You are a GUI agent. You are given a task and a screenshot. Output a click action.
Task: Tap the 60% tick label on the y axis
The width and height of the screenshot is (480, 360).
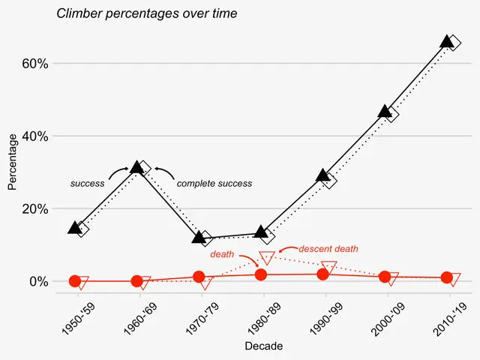[x=34, y=64]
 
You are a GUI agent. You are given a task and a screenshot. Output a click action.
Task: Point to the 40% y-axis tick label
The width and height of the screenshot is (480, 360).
[x=34, y=136]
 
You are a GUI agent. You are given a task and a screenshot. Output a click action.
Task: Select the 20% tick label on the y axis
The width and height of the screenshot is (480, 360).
[x=34, y=208]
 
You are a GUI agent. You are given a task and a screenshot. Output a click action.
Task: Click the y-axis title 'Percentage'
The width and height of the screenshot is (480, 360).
[x=12, y=162]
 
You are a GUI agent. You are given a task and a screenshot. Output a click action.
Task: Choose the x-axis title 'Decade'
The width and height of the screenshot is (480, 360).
[x=264, y=346]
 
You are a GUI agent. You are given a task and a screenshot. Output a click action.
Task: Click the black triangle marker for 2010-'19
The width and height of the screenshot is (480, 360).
[x=447, y=41]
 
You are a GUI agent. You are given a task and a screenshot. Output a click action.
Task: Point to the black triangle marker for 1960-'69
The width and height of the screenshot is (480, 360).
[x=136, y=167]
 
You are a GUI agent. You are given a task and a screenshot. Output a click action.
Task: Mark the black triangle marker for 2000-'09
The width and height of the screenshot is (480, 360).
[x=385, y=112]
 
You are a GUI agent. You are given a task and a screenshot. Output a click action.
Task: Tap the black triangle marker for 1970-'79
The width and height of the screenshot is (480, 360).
[x=199, y=238]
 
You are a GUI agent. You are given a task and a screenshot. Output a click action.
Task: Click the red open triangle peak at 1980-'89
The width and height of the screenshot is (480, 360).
[x=267, y=257]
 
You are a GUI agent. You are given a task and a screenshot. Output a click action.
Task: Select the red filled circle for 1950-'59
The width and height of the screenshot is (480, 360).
[x=75, y=281]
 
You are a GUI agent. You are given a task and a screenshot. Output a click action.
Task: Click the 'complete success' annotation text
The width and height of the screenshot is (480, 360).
[x=214, y=183]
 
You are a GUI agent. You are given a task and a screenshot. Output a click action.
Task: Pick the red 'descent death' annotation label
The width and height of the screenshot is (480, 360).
[x=328, y=248]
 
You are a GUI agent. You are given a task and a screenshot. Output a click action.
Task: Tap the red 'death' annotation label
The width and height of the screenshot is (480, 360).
[x=222, y=255]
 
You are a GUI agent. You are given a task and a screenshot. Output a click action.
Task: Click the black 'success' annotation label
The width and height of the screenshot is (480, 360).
[x=87, y=183]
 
